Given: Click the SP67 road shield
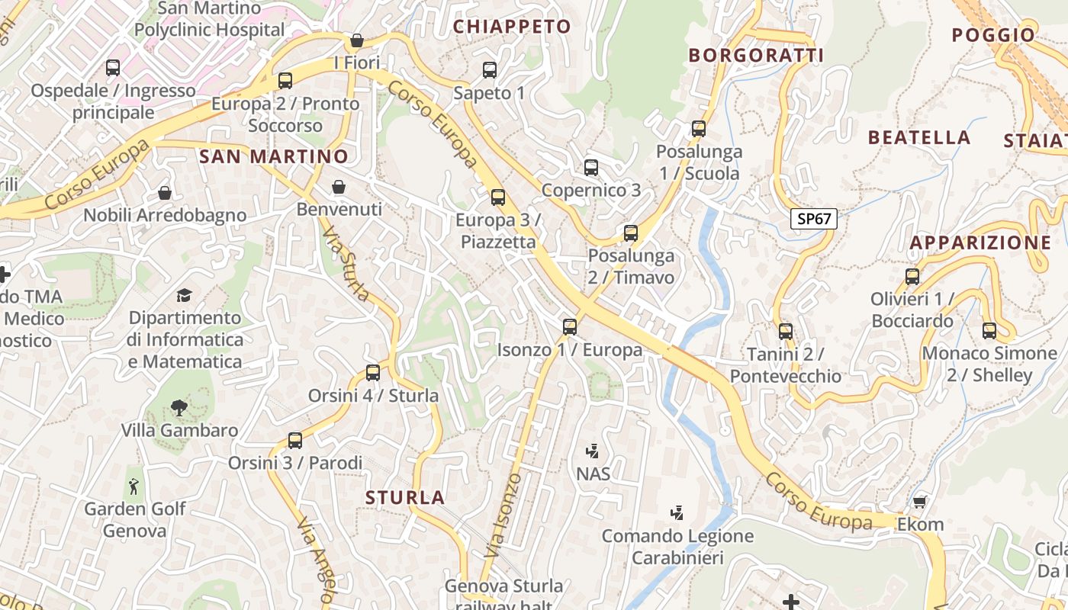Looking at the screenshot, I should pos(813,220).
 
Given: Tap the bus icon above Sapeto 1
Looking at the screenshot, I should pos(490,70).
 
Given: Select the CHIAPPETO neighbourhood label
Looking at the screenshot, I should pos(512,27).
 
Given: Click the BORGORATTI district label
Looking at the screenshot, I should pos(756,55).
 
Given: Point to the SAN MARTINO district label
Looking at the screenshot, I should pos(273,156).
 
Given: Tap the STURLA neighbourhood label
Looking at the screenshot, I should pos(405,498).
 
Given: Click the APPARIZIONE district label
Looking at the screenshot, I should pos(980,243).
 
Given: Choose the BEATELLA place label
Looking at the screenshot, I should pos(919,138).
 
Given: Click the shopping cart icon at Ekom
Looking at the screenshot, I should pos(920,502).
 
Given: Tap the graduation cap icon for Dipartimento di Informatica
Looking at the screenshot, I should pos(184,295).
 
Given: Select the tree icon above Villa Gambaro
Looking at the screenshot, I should pos(179,408).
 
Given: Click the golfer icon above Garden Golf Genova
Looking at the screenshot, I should pos(134,486).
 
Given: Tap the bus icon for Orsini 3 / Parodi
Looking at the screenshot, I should pos(295,440).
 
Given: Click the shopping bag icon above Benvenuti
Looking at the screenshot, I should pos(339,187).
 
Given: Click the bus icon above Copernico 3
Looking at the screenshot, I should pos(591,168).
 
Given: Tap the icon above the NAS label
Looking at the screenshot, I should pos(593,451).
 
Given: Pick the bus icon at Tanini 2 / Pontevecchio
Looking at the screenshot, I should pos(786,332).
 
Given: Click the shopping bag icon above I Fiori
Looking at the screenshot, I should pos(356,40).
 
